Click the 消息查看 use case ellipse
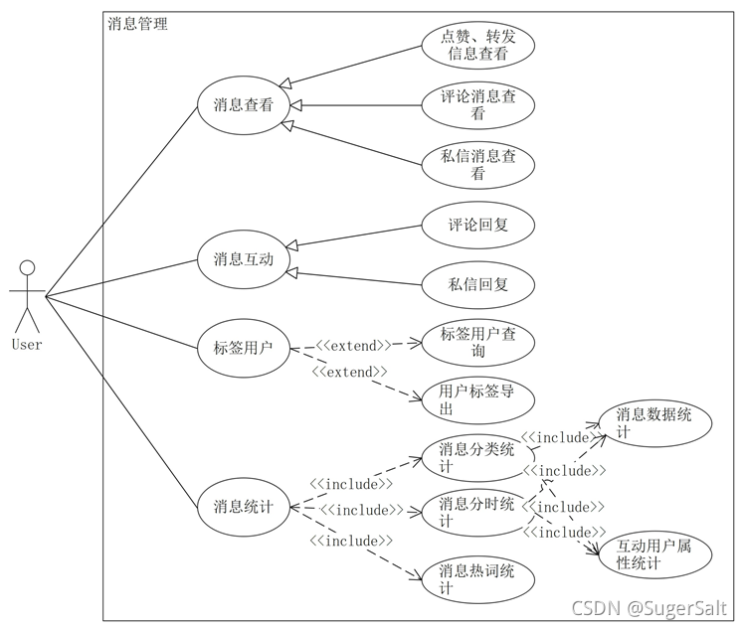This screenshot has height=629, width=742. [244, 103]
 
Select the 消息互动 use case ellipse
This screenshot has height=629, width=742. [244, 259]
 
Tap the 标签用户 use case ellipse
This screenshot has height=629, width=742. [244, 348]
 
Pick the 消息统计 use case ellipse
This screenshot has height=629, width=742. [244, 505]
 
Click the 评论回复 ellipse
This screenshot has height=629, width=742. [478, 225]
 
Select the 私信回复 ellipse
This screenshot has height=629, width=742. [478, 284]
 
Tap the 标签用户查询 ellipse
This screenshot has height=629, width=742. [478, 343]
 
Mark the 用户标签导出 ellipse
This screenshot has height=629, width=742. [478, 399]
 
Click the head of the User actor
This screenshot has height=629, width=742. [28, 268]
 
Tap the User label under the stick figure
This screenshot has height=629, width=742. [27, 345]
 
